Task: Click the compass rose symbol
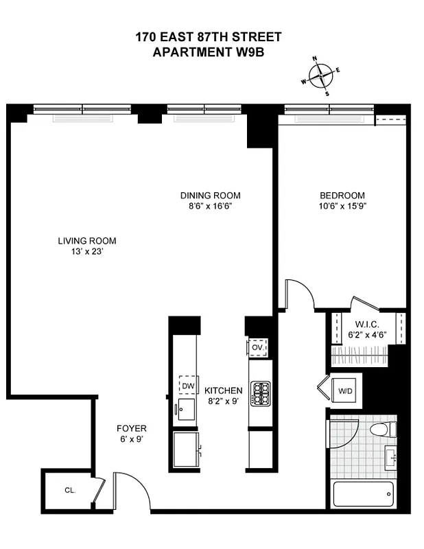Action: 321,75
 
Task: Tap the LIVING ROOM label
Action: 86,241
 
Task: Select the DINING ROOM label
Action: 210,196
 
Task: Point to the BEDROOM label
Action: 342,196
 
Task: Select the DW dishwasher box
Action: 187,386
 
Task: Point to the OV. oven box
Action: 258,348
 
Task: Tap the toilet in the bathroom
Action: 381,430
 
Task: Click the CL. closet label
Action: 69,491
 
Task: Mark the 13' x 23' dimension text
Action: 86,252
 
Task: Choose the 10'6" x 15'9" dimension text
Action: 342,207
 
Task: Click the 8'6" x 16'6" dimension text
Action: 210,207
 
